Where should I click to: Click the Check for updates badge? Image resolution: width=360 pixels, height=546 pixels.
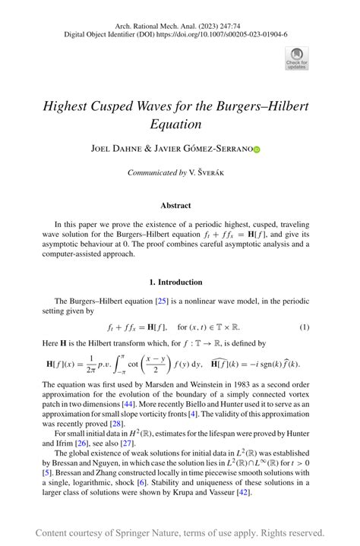296,58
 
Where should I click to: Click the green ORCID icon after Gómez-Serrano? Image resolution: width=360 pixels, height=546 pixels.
277,150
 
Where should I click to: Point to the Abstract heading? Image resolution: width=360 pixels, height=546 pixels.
175,205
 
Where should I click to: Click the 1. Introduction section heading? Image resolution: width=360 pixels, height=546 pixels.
175,282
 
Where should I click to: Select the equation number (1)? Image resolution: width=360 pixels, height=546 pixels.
304,327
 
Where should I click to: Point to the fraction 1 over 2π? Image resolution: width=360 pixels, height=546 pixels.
88,364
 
